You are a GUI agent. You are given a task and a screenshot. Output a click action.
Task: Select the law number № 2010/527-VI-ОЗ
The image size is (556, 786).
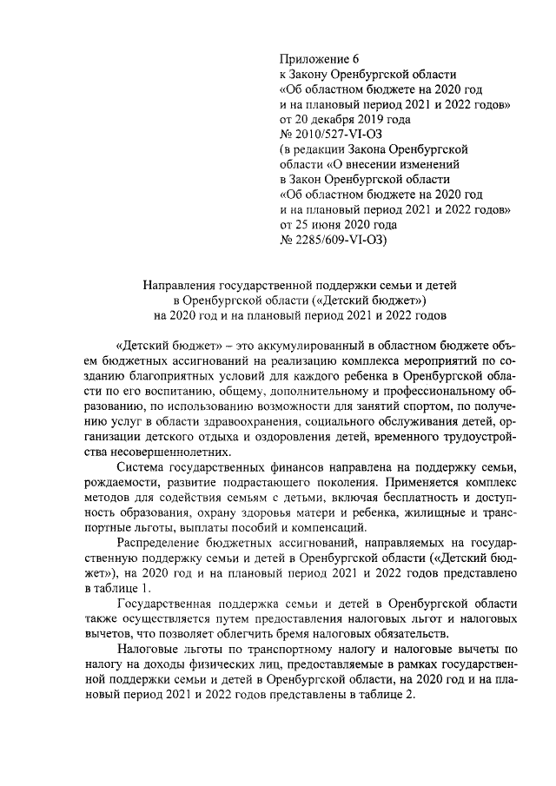point(331,135)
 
